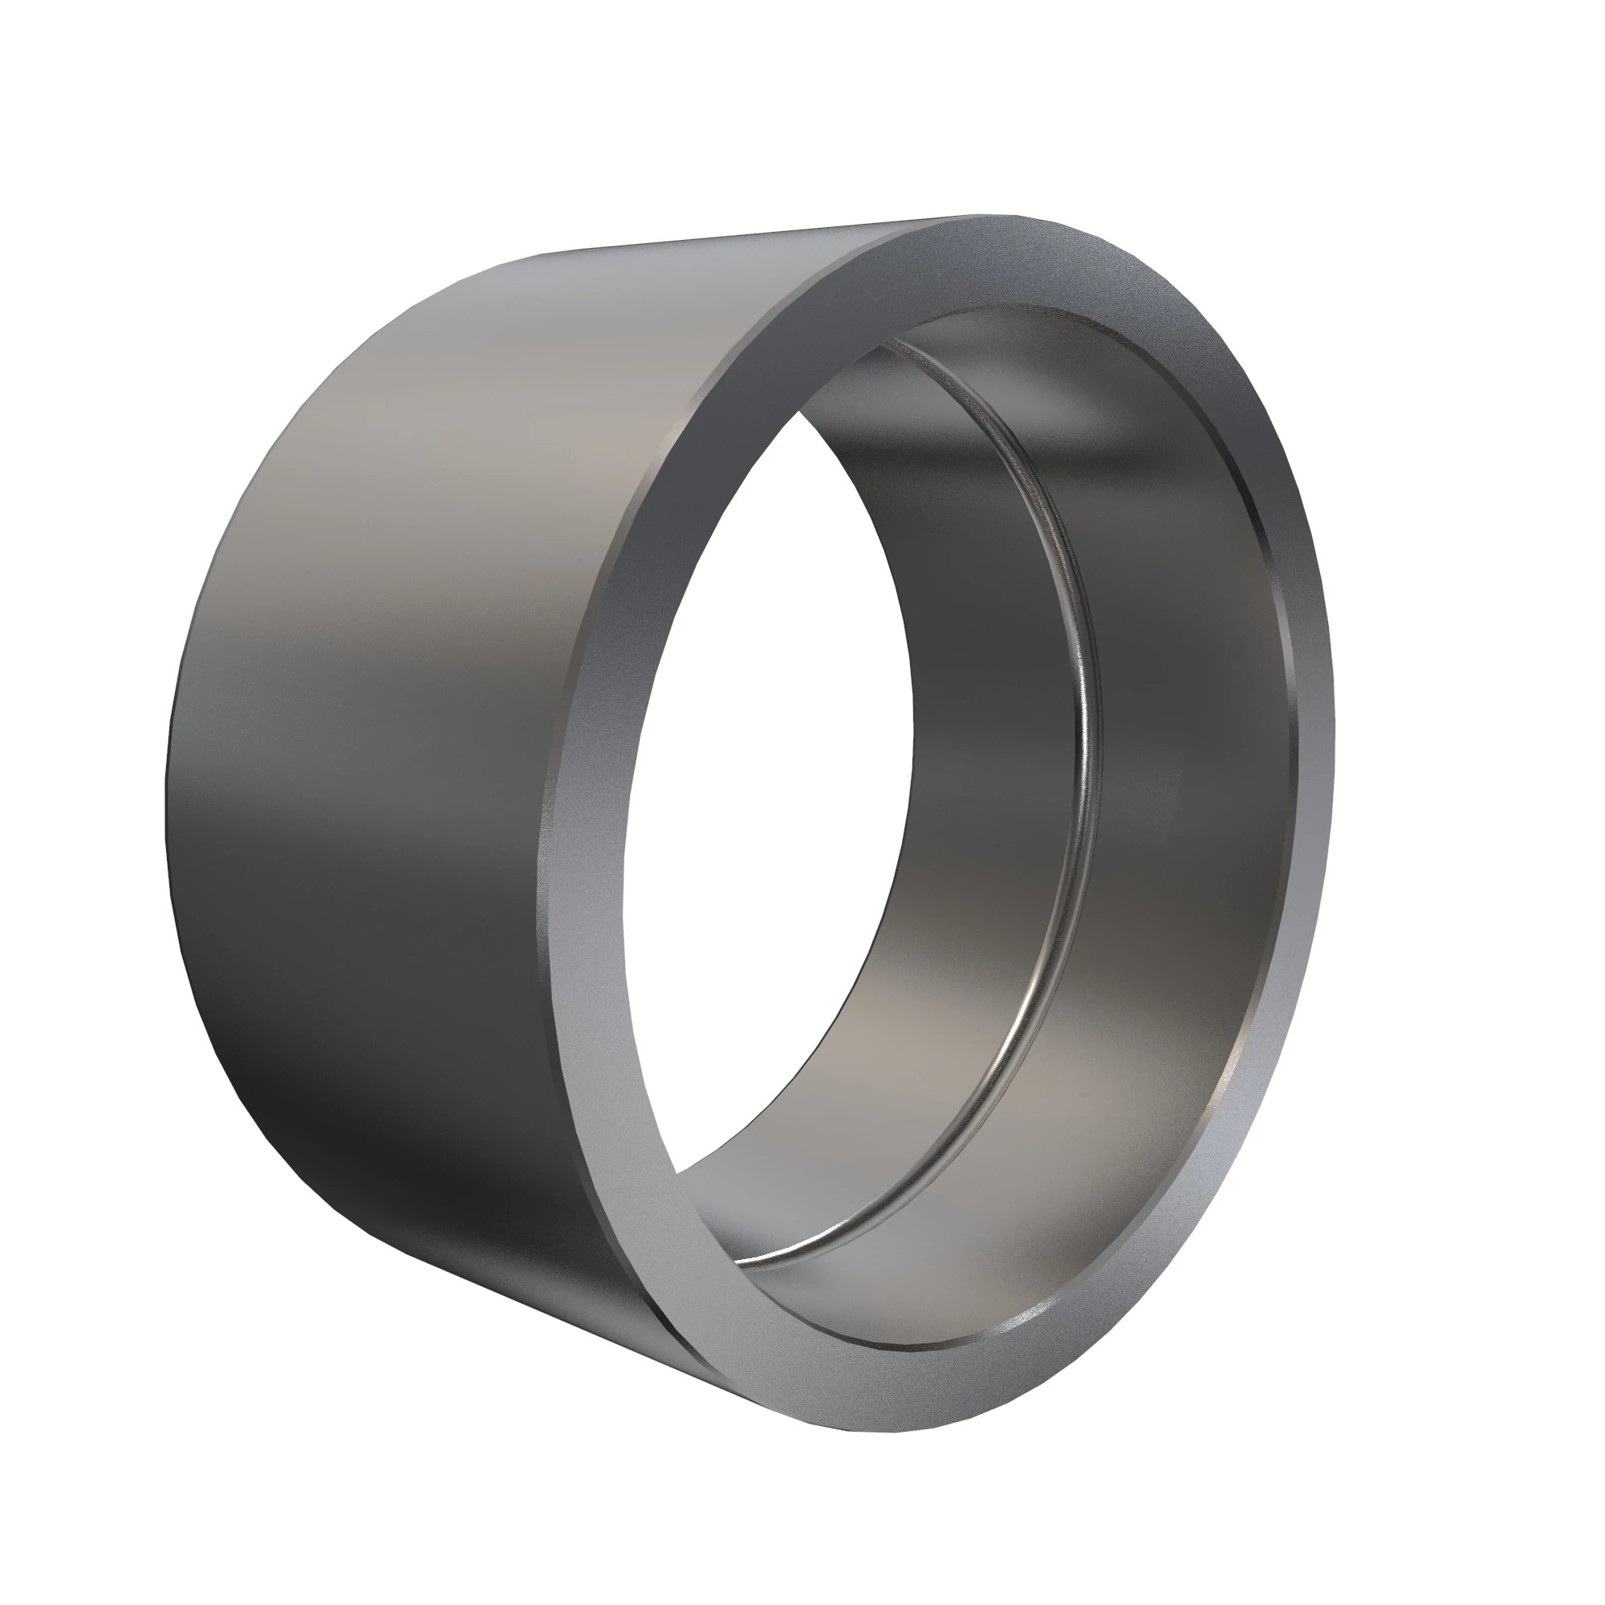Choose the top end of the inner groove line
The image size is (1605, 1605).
893,340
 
